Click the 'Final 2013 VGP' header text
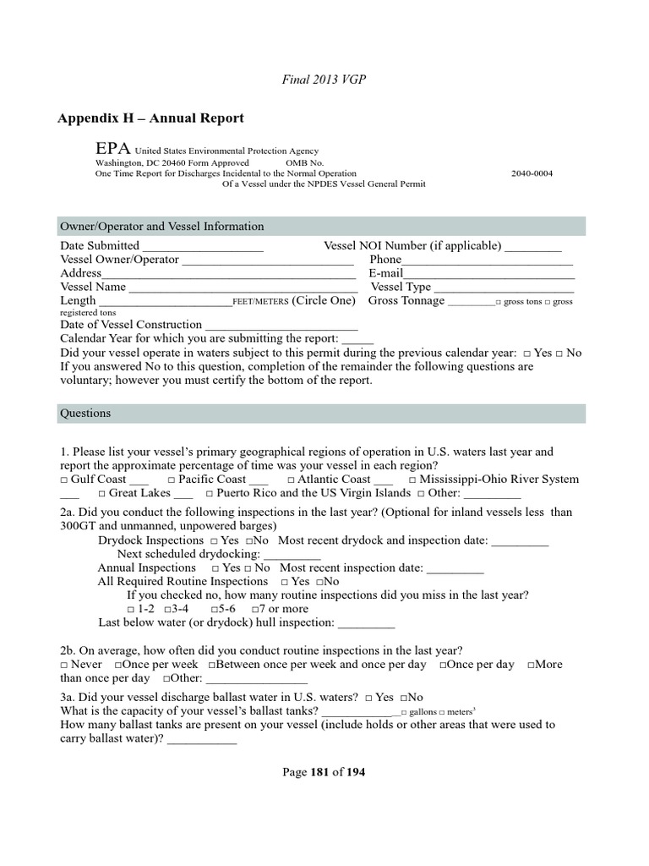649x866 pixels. [x=324, y=79]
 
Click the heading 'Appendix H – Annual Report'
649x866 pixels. [x=151, y=118]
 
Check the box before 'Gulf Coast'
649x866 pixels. [x=64, y=480]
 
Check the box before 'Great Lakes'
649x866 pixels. [x=101, y=493]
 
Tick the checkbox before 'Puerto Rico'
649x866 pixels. [x=209, y=493]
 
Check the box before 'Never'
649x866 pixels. [x=64, y=665]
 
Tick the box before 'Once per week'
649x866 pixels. [x=116, y=665]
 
